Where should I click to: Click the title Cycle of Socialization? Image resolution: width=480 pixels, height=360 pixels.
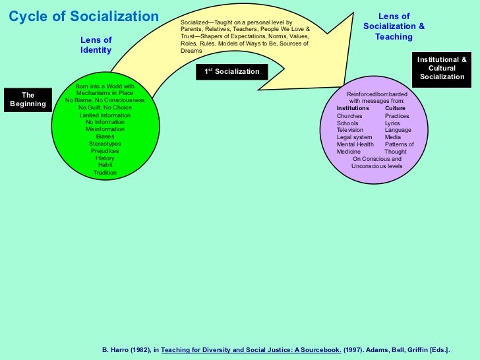tap(83, 16)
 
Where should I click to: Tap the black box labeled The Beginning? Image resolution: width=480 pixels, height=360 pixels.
tap(28, 100)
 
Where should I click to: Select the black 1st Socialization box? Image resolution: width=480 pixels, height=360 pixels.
tap(231, 71)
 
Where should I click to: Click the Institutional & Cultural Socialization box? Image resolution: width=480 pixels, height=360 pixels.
tap(442, 68)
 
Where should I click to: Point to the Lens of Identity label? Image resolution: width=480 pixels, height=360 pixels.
tap(96, 45)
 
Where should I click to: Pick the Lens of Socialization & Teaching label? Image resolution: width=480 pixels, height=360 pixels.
tap(394, 26)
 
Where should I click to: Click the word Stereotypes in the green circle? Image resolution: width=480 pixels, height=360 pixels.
tap(105, 144)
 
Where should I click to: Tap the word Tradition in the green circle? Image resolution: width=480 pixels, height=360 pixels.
tap(105, 173)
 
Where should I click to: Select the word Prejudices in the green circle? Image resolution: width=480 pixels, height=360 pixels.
tap(105, 151)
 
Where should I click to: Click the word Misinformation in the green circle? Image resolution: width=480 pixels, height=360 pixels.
tap(105, 129)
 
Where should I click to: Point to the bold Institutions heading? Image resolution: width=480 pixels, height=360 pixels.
tap(353, 108)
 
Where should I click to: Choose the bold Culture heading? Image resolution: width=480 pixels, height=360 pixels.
tap(395, 108)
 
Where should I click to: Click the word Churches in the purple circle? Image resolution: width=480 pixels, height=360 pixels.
tap(349, 116)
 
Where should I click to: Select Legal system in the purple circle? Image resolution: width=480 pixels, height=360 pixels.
tap(354, 137)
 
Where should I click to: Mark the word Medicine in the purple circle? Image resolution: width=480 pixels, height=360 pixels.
tap(349, 152)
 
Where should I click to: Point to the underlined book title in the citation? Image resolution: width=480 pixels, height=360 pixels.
tap(251, 349)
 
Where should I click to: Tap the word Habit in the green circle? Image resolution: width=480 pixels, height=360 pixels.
tap(105, 165)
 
